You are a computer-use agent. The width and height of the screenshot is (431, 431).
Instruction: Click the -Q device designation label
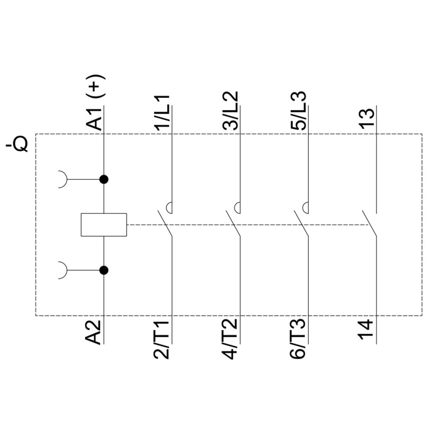click(x=17, y=145)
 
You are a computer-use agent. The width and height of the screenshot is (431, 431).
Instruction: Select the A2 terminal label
click(x=93, y=332)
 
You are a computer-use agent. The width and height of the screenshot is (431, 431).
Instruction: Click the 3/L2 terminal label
click(x=230, y=111)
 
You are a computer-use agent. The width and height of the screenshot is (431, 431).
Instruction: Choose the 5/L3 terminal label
click(x=298, y=111)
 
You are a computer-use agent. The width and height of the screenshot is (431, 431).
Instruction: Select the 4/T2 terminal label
click(x=230, y=339)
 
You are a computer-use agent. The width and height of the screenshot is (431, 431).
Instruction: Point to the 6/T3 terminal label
click(x=298, y=339)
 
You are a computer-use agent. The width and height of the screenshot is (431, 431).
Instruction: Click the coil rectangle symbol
click(x=104, y=225)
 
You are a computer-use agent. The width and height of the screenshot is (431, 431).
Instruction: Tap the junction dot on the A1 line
click(x=103, y=179)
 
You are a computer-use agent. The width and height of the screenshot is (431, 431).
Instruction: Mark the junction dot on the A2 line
click(x=103, y=270)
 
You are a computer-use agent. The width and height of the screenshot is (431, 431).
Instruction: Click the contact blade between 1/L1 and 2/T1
click(x=165, y=224)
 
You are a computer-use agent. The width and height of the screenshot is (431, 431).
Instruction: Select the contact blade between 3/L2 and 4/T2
click(x=233, y=224)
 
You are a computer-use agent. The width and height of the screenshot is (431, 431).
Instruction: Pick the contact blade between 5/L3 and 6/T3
click(x=301, y=224)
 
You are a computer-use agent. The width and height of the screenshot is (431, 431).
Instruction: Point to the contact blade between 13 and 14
click(x=370, y=224)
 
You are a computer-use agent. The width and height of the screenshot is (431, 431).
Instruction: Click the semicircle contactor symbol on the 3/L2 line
click(x=236, y=207)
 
